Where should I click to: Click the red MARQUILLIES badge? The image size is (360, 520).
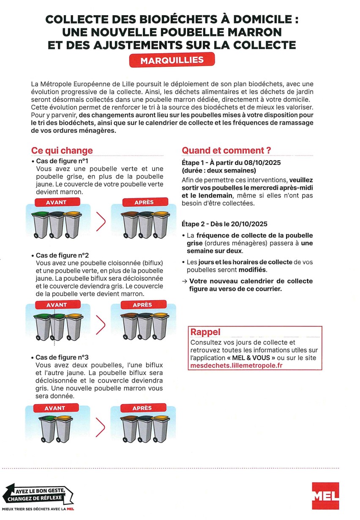click(172, 60)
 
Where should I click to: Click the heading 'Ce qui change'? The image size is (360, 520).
click(62, 151)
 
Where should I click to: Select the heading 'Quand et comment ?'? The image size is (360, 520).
click(226, 151)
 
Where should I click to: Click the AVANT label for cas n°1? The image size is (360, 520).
click(56, 202)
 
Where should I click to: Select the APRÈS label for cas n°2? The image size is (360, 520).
click(142, 305)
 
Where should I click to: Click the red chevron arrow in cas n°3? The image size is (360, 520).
click(100, 427)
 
